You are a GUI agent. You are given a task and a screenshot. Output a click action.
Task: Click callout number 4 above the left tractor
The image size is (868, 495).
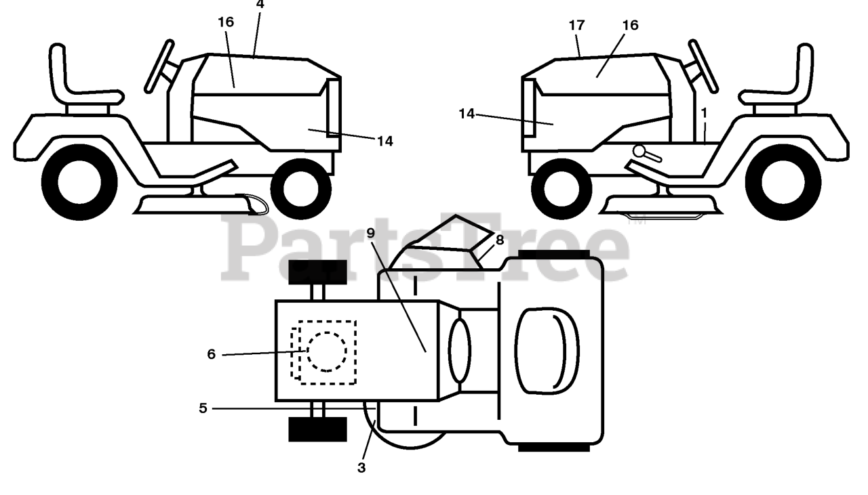[260, 4]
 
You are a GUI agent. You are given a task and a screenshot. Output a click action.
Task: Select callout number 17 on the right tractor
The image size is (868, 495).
[576, 26]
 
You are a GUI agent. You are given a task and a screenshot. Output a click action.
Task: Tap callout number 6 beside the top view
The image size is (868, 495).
[212, 354]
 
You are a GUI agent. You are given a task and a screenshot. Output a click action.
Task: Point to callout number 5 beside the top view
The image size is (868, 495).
[203, 408]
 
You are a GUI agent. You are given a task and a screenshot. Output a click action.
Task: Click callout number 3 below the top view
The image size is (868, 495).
[361, 467]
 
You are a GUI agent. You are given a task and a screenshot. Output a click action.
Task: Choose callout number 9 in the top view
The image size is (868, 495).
[370, 232]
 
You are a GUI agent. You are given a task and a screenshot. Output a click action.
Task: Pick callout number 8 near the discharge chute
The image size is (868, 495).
[500, 240]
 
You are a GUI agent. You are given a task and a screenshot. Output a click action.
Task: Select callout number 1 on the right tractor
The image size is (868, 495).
[704, 112]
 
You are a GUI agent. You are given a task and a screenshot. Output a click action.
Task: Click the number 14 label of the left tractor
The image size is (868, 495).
[385, 141]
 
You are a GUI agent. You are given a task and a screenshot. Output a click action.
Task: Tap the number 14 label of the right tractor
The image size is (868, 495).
[467, 114]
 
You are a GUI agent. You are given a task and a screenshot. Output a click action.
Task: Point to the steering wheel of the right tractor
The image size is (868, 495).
[703, 66]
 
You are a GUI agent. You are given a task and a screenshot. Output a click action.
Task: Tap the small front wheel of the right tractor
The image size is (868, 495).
[561, 189]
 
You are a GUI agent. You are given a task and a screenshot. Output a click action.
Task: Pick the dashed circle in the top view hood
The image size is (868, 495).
[327, 351]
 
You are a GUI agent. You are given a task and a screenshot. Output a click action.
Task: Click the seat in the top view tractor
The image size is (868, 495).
[547, 351]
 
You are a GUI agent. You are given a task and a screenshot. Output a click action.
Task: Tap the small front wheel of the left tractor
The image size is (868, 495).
[300, 189]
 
